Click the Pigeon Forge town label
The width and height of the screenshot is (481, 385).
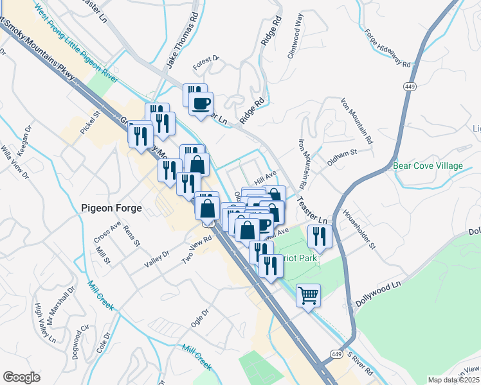(113, 207)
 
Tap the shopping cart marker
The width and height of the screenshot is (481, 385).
(309, 296)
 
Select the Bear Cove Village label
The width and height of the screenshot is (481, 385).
(428, 166)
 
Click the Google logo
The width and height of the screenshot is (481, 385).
(22, 377)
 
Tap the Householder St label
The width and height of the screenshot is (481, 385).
(363, 228)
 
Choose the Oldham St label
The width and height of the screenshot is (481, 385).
(341, 158)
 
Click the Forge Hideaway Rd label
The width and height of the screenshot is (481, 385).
(386, 49)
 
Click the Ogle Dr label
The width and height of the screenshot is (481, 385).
(201, 318)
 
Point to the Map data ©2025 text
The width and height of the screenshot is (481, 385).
(453, 380)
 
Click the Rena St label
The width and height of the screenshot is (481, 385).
(131, 235)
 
